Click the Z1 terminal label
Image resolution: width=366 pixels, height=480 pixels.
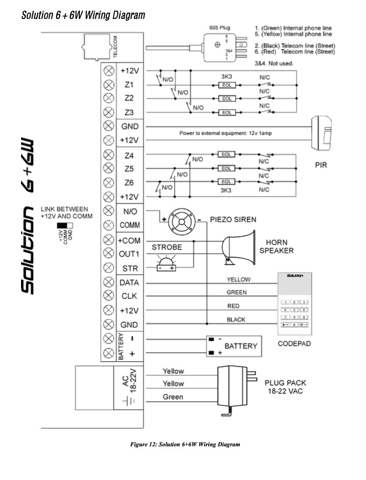(x=129, y=84)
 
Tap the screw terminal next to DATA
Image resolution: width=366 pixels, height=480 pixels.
(x=109, y=282)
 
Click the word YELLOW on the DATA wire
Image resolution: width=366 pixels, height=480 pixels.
(x=238, y=279)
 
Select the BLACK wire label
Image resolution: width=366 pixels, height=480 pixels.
(x=236, y=320)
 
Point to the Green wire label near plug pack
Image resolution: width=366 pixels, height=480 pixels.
(x=173, y=397)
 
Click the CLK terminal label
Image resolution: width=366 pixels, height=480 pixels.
(x=129, y=296)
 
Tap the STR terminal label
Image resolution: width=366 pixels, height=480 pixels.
(x=129, y=268)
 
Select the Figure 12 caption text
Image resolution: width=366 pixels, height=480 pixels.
(x=185, y=445)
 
